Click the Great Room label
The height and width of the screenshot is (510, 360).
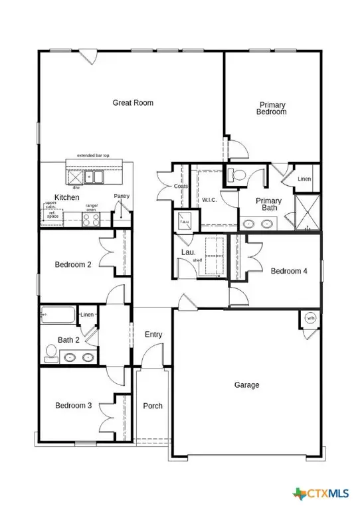point(133,102)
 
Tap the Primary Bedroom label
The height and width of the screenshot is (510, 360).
point(272,108)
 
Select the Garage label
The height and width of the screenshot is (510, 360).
point(246,385)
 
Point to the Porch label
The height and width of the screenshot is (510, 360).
point(153,406)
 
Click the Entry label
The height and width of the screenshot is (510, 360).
point(153,335)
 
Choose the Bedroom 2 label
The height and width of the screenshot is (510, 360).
point(73,264)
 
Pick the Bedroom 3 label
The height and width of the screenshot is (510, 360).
point(73,405)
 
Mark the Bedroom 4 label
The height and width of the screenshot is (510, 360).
point(289,270)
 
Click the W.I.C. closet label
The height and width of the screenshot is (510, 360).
point(209,199)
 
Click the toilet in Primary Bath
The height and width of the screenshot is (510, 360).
point(237,175)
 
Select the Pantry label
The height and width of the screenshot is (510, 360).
point(122,196)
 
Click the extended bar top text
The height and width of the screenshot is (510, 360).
point(94,155)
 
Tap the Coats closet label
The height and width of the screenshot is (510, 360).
point(180,187)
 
